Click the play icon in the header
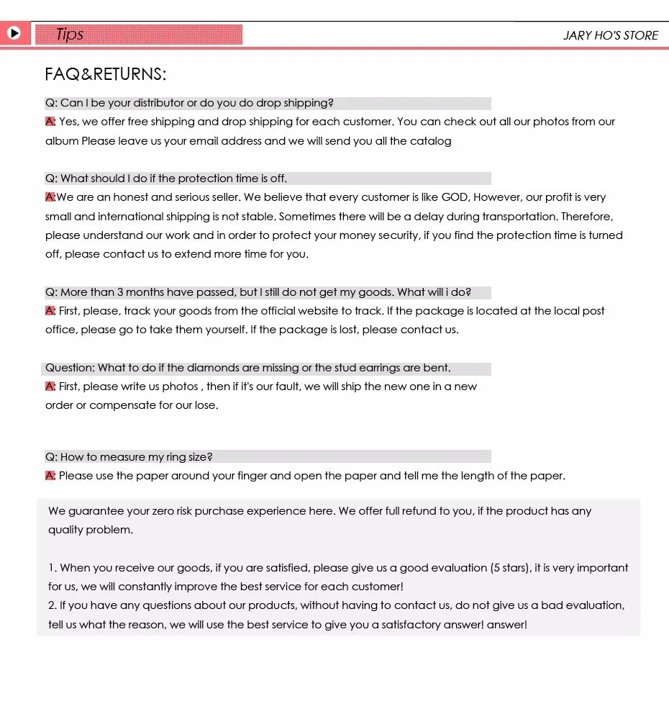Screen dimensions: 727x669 (x=14, y=33)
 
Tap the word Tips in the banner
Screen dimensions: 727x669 (x=70, y=34)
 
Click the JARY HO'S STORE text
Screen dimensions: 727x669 (x=611, y=35)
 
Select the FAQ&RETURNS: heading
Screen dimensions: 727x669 (x=106, y=74)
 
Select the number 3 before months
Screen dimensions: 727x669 (x=121, y=292)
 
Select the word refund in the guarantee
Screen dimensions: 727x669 (x=417, y=511)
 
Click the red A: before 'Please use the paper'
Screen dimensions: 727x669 (x=50, y=476)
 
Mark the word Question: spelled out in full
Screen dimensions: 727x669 (x=70, y=368)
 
